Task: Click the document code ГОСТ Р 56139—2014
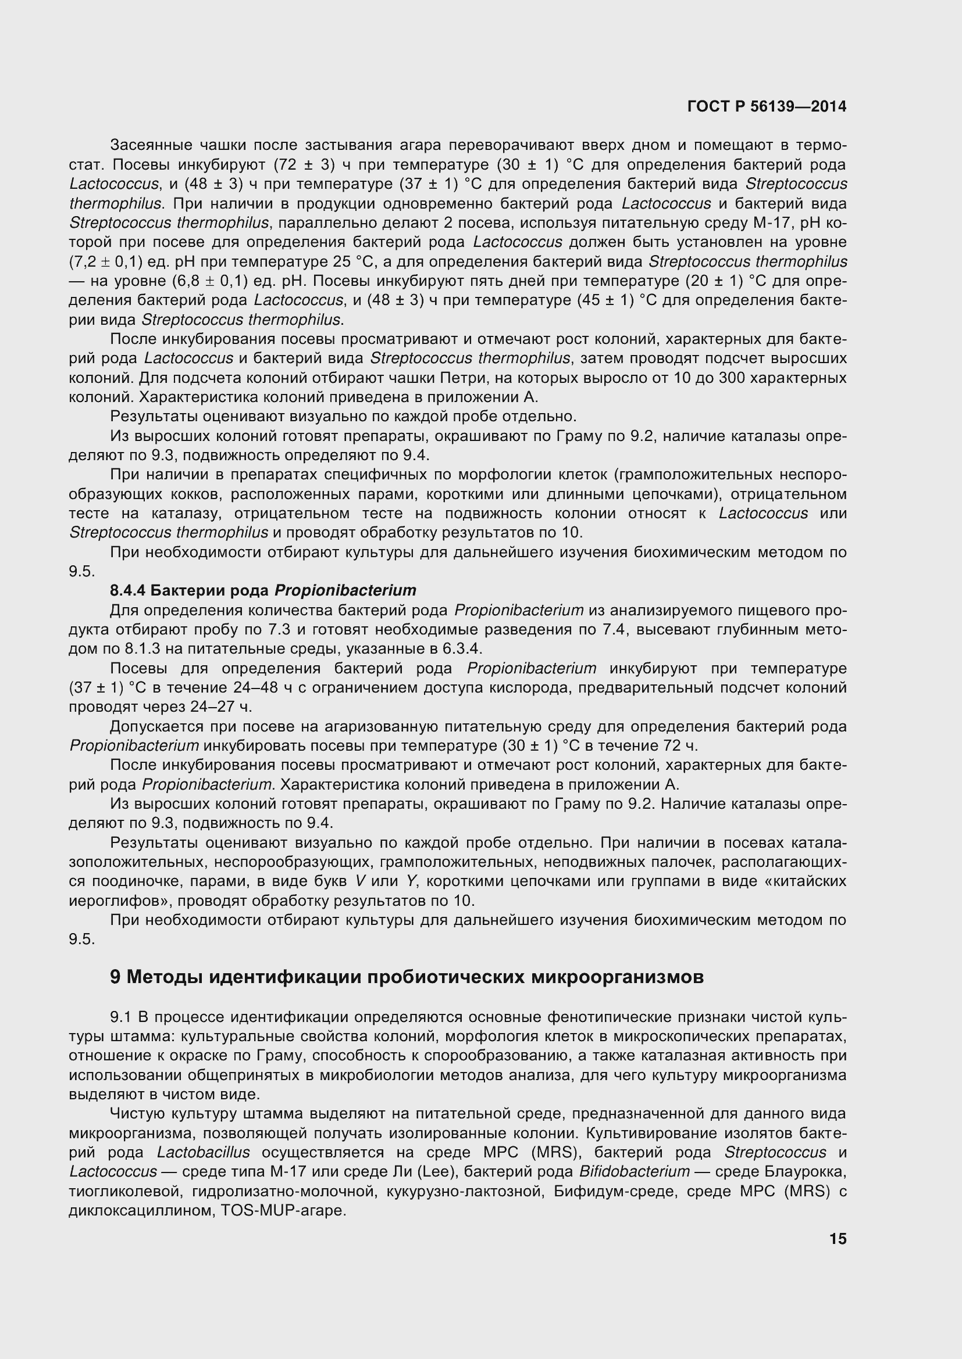767,106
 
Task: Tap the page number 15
838,1239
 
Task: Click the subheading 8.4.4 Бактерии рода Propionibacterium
263,590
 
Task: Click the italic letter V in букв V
359,881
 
